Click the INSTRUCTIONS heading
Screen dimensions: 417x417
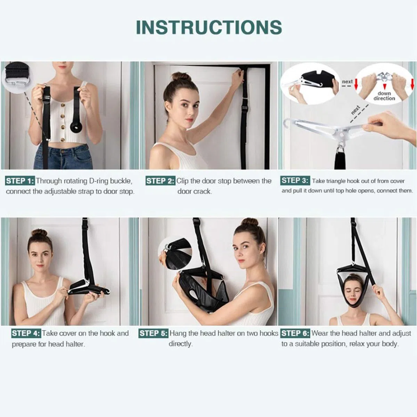click(209, 27)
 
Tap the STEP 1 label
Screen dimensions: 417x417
click(20, 181)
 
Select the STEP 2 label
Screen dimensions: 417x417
click(160, 181)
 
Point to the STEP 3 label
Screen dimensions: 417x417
click(295, 180)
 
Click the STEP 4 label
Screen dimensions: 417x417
click(26, 333)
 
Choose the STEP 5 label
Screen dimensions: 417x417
click(153, 333)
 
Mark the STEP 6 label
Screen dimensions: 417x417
click(295, 333)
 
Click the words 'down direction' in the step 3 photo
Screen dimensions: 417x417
click(384, 96)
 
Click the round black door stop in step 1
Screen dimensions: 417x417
click(76, 128)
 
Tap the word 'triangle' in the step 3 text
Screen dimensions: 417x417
click(336, 181)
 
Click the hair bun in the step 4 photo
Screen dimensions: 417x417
click(39, 233)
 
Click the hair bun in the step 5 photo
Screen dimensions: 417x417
click(250, 223)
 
